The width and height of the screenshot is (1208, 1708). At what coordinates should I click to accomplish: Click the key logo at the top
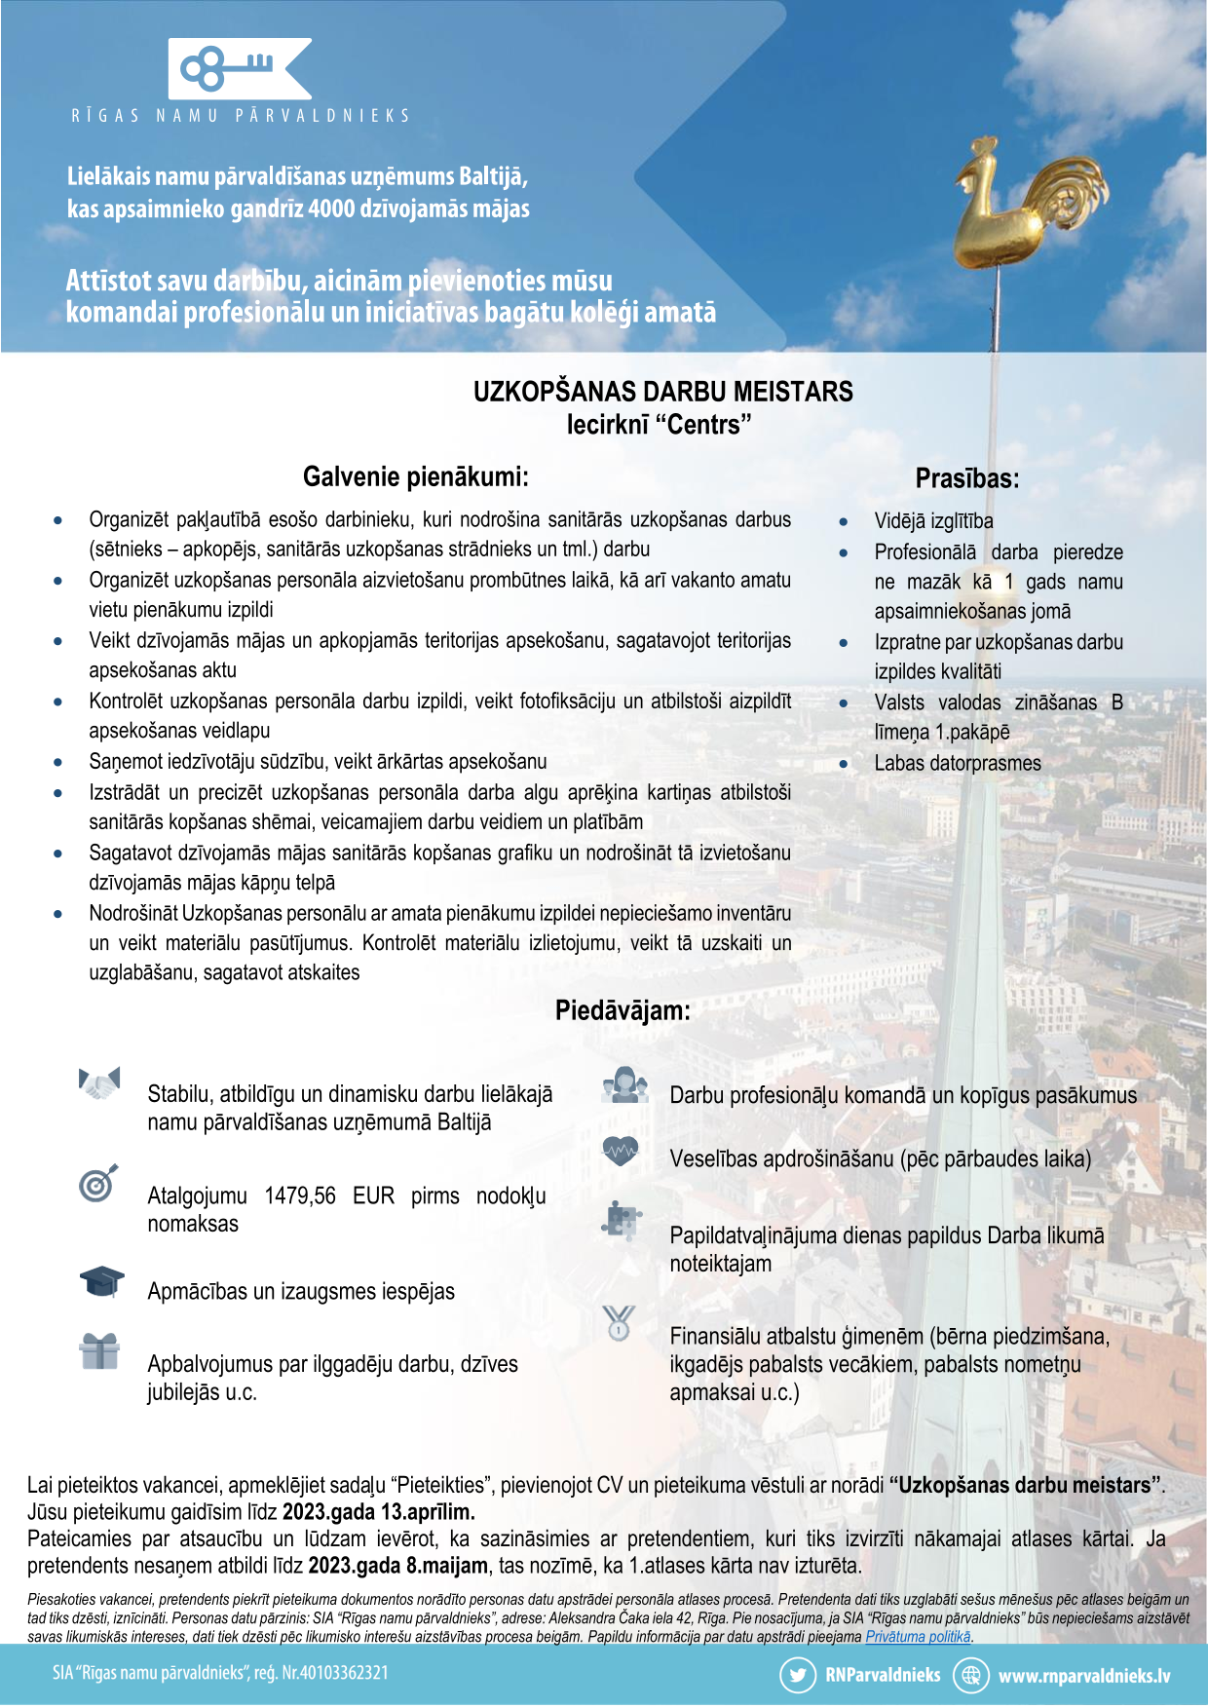240,68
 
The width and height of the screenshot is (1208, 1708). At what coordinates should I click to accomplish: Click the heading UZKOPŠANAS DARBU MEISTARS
662,392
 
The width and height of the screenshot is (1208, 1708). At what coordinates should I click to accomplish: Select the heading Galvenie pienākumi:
416,476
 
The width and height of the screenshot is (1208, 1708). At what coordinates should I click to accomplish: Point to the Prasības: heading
966,478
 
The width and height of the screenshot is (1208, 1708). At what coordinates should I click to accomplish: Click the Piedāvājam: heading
623,1010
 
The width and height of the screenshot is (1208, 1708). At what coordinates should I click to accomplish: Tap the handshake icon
99,1083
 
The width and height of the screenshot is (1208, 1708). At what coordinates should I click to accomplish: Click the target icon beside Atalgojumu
98,1183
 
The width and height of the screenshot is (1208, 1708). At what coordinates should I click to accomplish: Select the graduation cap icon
101,1281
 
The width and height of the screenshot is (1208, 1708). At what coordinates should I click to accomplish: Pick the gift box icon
99,1351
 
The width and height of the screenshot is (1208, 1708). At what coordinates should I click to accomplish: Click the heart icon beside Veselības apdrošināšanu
621,1153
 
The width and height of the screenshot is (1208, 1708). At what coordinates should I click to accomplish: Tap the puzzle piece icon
622,1220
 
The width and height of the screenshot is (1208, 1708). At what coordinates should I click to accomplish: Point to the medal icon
619,1323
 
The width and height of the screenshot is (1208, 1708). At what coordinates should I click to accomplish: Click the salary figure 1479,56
300,1196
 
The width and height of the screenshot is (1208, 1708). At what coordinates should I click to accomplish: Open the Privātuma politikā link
918,1636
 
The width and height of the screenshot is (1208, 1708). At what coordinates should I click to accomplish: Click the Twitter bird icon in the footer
797,1676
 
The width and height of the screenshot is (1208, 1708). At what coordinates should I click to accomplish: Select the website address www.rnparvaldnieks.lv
1083,1676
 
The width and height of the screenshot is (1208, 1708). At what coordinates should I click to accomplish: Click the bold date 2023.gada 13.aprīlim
378,1512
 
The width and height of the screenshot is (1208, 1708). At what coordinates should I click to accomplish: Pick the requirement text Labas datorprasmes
957,763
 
